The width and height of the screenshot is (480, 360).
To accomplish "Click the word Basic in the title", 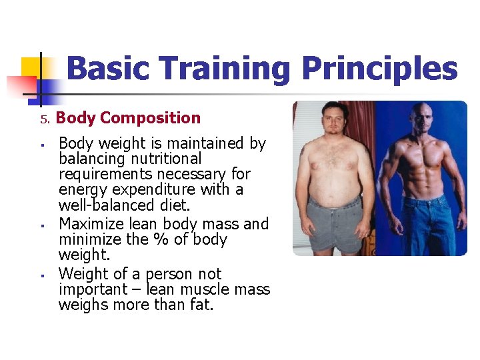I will point(108,69).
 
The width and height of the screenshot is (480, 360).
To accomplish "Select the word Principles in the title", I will point(379,69).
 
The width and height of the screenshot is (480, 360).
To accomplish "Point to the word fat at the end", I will point(200,305).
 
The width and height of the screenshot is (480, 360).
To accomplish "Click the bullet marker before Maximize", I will point(41,225).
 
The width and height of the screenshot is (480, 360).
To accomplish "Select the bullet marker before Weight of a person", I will point(41,275).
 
